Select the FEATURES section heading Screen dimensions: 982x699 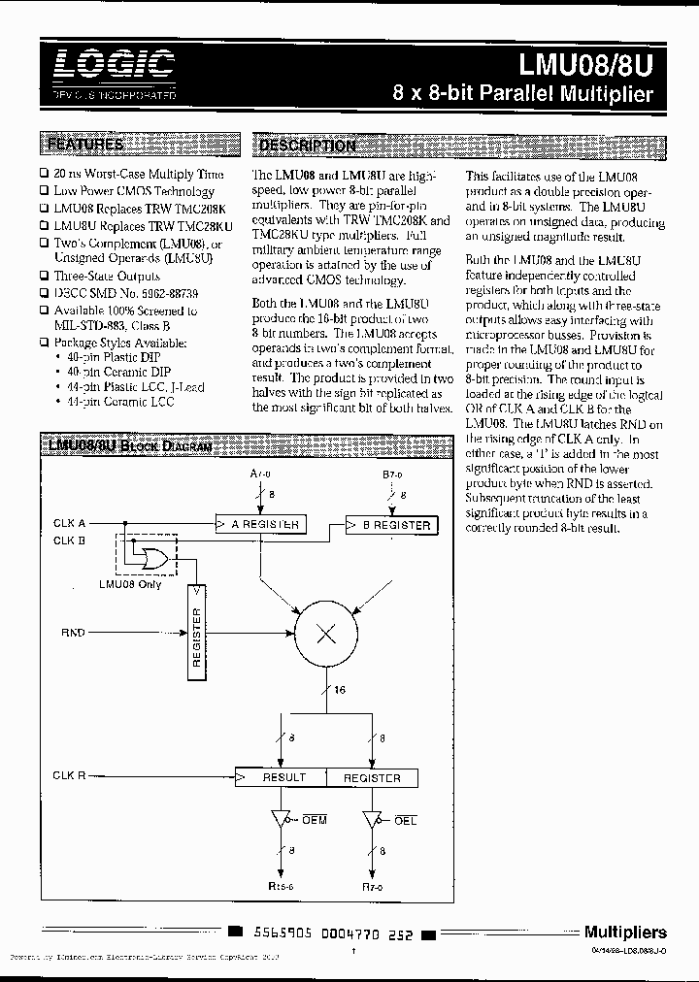point(86,146)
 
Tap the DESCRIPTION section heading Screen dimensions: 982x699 point(306,147)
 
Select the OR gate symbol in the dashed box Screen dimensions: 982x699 point(151,558)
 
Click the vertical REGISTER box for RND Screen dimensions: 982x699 point(197,637)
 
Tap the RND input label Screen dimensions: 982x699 point(73,633)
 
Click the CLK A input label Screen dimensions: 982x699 point(70,523)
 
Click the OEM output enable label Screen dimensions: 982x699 point(315,820)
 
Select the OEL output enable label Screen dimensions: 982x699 point(405,820)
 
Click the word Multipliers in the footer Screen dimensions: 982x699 point(625,932)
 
